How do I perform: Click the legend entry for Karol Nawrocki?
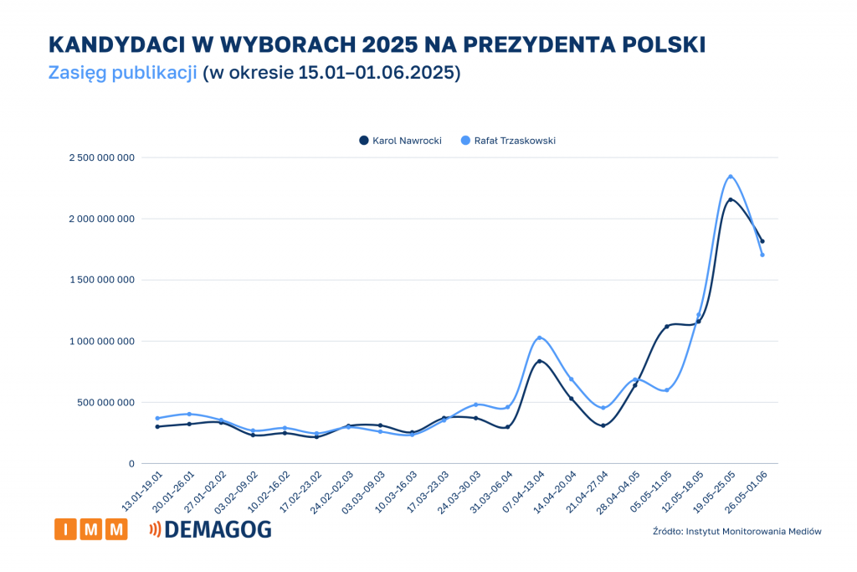tap(400, 141)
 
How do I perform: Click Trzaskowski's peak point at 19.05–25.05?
tap(731, 177)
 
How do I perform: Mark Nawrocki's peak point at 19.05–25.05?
tap(731, 199)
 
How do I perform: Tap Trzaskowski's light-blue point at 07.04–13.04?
tap(539, 338)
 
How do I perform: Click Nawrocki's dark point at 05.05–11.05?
tap(667, 327)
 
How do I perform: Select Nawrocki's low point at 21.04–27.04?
tap(603, 425)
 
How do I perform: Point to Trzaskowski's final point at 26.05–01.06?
tap(762, 255)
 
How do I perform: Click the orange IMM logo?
tap(90, 529)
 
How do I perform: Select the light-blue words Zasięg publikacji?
tap(122, 72)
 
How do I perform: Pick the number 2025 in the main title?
tap(391, 44)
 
